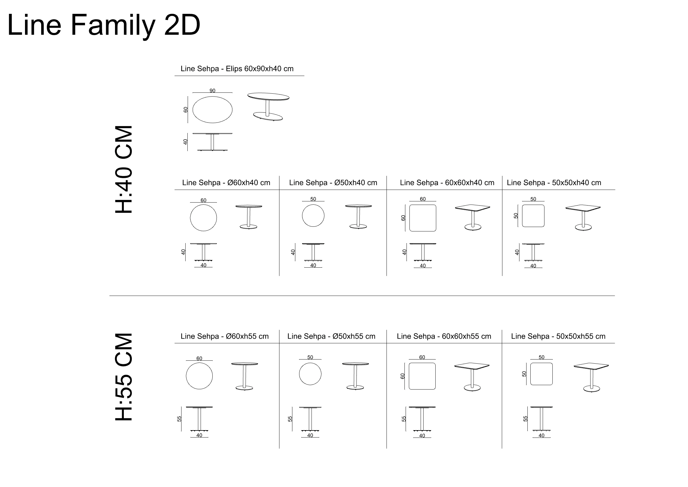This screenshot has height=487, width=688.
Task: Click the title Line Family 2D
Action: (103, 25)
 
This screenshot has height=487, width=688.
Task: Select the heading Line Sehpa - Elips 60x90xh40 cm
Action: (237, 69)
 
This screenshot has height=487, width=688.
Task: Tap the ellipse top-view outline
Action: (193, 110)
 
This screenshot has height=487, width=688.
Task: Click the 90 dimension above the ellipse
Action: (212, 91)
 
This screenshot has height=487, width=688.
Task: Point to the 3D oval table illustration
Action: (268, 107)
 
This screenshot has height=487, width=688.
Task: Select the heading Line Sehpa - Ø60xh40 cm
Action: (226, 183)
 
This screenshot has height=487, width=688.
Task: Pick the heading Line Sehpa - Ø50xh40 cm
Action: (333, 183)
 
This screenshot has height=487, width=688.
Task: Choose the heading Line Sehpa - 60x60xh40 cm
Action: (447, 183)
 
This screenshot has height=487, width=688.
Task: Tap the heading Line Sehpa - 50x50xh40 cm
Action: (554, 183)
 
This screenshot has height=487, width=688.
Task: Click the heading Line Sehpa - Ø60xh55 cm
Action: (225, 336)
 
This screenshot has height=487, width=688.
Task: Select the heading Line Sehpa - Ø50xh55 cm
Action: (331, 336)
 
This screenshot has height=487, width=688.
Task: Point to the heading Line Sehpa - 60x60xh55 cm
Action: (444, 336)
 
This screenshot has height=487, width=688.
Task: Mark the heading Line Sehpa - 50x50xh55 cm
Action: (558, 336)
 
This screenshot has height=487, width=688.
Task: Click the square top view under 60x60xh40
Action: (410, 218)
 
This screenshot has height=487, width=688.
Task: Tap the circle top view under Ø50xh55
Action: (299, 374)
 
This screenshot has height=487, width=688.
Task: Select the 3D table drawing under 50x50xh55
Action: (591, 378)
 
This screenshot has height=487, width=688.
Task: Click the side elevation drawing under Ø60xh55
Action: (199, 419)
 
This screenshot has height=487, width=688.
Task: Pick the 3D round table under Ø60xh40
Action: (249, 217)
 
